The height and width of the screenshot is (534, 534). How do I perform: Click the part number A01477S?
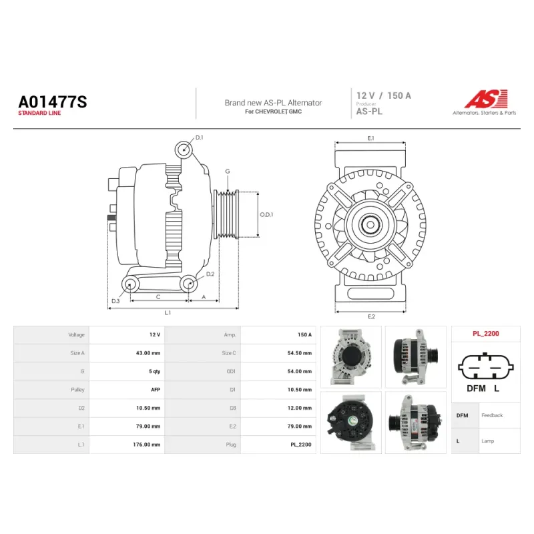point(53,101)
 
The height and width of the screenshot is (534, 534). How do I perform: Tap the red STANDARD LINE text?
point(39,113)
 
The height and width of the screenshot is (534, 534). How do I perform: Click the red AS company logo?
point(486,98)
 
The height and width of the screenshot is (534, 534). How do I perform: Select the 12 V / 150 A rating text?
point(383,95)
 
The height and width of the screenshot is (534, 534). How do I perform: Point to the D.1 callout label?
point(199,138)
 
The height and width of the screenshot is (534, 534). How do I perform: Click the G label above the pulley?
point(228,172)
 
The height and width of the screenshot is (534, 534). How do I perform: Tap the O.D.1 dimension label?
point(266,214)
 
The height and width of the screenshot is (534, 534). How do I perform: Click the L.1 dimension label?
point(168,312)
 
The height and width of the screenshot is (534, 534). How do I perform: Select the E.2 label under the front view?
point(371,316)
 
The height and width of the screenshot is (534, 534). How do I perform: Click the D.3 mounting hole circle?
point(130,284)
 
